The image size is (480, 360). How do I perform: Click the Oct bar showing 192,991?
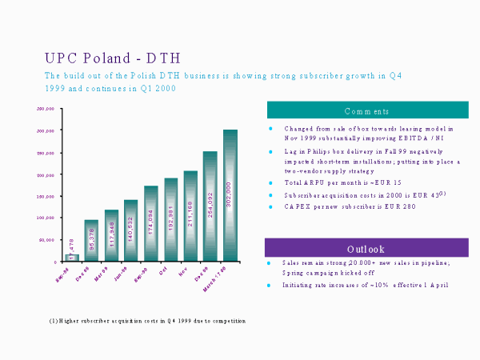tap(170, 219)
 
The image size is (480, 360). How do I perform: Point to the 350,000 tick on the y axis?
tap(45, 109)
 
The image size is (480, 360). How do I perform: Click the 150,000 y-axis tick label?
tap(45, 196)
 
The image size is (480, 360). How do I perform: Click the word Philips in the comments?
tap(318, 151)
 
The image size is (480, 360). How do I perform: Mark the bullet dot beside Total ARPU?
tap(270, 183)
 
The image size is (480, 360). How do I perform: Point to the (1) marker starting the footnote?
tap(53, 321)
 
